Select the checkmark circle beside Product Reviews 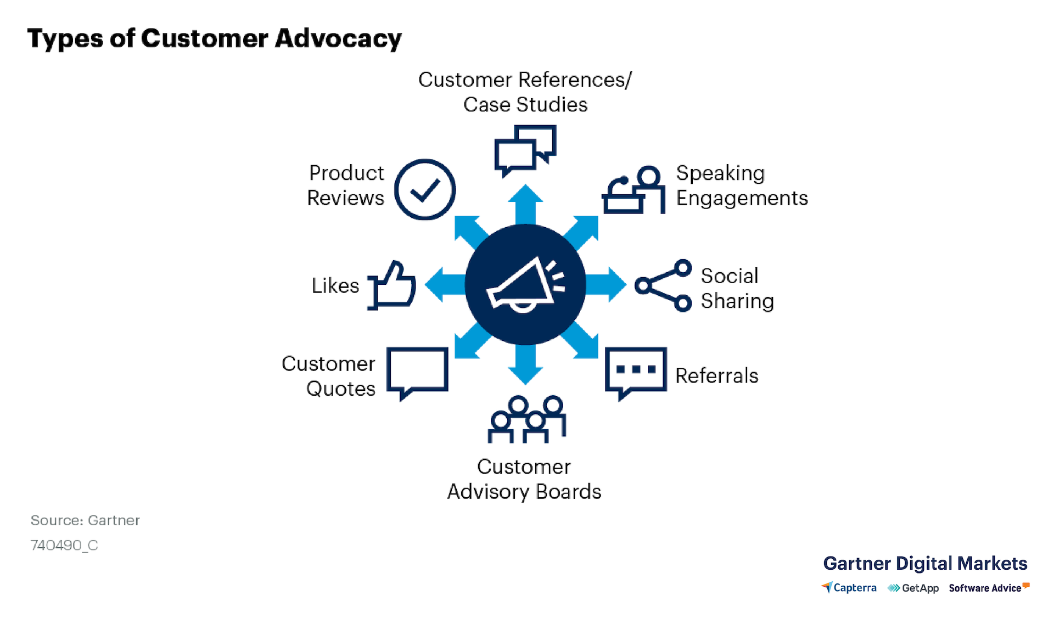[x=425, y=190]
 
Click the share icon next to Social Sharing [x=663, y=285]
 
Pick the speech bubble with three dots [x=636, y=370]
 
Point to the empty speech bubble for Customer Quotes [x=417, y=370]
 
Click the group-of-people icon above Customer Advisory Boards [x=526, y=419]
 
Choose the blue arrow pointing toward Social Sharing [x=608, y=285]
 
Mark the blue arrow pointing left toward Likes [x=444, y=285]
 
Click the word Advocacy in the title [x=338, y=39]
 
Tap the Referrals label [x=716, y=376]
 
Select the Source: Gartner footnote [x=85, y=520]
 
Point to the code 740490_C [x=64, y=545]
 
